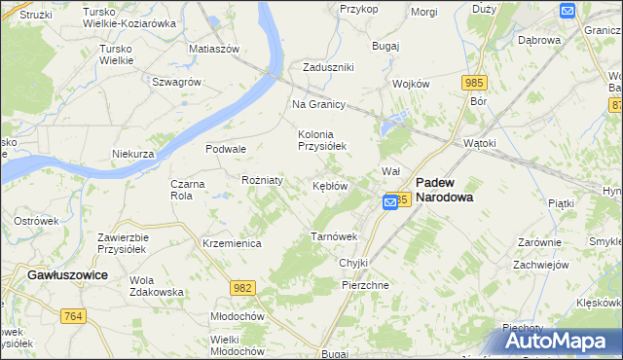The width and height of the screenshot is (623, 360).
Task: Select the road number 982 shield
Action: (243, 287)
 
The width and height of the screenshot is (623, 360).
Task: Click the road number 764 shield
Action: (72, 316)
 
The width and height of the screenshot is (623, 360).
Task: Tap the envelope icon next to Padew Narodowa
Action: (390, 201)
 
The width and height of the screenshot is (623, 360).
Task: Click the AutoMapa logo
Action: (564, 341)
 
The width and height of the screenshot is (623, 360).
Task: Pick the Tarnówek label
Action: (334, 236)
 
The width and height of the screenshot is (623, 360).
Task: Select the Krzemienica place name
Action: (232, 243)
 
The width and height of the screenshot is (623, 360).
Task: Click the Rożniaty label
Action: (262, 180)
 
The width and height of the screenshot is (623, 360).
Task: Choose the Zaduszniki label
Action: (328, 67)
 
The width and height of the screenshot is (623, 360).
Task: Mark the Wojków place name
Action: (411, 84)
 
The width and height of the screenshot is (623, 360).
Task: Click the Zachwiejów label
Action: (540, 264)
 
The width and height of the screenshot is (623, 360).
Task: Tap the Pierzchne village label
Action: (366, 285)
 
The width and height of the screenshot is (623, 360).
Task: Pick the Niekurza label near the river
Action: (133, 154)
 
